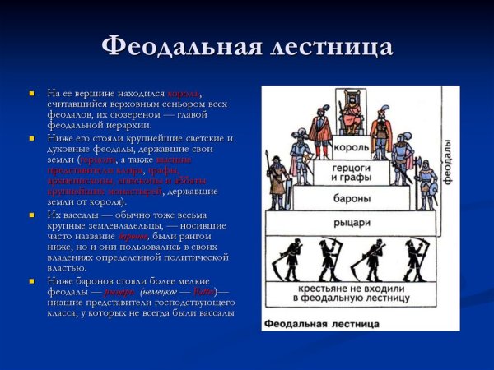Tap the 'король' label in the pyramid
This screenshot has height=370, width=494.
pos(350,148)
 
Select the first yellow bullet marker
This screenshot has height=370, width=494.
pos(31,92)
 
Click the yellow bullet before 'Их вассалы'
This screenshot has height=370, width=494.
pos(31,214)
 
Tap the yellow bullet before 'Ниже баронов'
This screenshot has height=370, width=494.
pos(31,280)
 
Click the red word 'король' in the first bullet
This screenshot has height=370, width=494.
pos(184,93)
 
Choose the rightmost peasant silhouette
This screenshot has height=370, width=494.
pos(415,261)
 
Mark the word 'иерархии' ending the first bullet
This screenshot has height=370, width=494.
pos(125,125)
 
